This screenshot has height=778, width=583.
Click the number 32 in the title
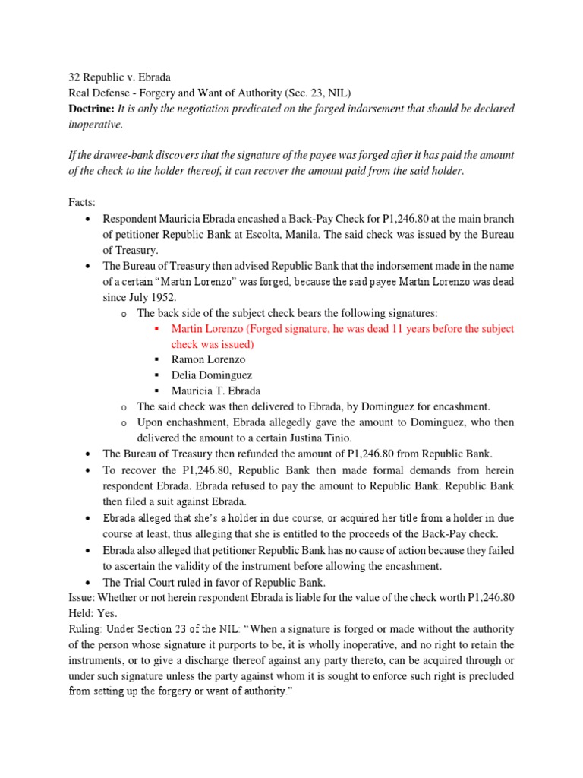click(74, 77)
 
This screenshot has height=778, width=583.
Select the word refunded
click(247, 454)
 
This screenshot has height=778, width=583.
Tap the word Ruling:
click(85, 629)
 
